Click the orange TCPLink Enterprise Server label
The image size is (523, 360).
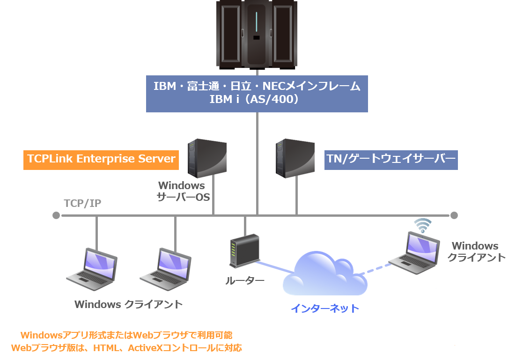pyautogui.click(x=101, y=159)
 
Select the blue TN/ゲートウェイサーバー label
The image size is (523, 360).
pyautogui.click(x=390, y=160)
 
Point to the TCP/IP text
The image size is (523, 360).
pyautogui.click(x=82, y=203)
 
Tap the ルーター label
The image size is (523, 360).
pyautogui.click(x=245, y=281)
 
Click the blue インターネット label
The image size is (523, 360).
pyautogui.click(x=325, y=309)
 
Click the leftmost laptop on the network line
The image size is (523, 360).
pyautogui.click(x=91, y=270)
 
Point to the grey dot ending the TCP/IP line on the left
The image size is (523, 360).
pyautogui.click(x=56, y=215)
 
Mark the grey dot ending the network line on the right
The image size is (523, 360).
pyautogui.click(x=453, y=215)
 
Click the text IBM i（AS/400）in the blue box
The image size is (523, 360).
pyautogui.click(x=257, y=100)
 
